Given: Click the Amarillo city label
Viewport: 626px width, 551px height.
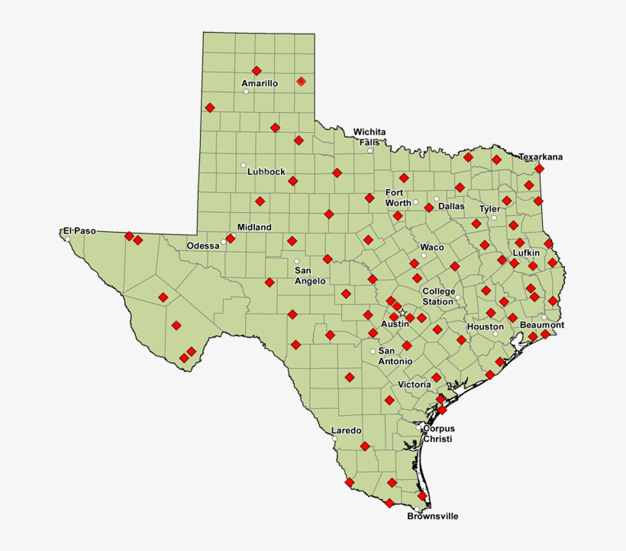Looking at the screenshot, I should pos(260,83).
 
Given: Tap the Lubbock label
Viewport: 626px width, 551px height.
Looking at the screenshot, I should pos(266,172).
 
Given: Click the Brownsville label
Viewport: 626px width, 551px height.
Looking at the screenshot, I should pos(432,517).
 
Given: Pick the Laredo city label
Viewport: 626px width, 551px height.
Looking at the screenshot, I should pos(346,430).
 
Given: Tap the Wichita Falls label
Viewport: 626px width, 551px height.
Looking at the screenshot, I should pos(369,137).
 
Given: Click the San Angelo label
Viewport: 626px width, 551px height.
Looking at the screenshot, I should pos(310,275).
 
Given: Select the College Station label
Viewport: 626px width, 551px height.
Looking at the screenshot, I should pos(438,296).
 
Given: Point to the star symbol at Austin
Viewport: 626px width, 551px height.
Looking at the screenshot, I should pos(402,313).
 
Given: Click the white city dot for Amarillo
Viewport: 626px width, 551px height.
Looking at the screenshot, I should pos(246,92).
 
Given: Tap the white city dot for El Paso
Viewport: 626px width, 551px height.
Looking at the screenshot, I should pos(68,239).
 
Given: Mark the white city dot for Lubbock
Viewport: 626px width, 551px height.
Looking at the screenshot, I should pos(244,166).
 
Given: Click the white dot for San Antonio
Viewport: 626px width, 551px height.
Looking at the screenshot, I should pos(373,351).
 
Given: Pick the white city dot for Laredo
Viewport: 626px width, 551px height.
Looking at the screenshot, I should pos(334,438).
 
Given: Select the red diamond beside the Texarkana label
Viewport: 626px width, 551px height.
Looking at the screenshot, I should pos(539,168).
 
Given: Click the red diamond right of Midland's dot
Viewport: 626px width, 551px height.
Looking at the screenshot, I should pos(231,238).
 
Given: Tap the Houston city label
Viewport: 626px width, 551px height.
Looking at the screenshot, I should pos(486,327).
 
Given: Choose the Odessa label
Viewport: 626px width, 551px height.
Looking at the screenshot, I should pos(203,246).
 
